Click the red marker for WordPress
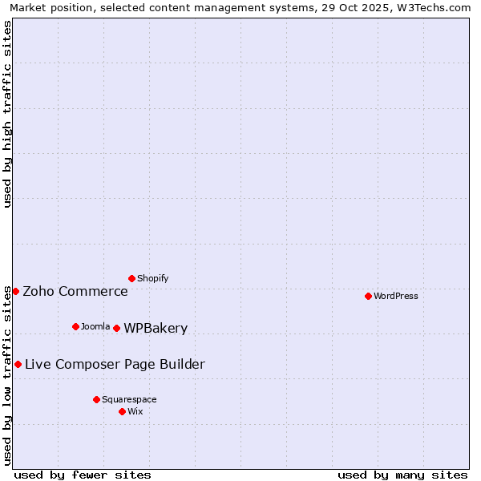point(368,296)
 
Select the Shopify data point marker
point(131,278)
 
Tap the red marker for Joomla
point(75,326)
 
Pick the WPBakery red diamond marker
point(116,328)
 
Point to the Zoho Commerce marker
point(15,291)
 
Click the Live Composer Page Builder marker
point(18,364)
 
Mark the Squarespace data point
point(96,399)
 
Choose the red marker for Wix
point(122,411)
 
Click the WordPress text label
point(396,296)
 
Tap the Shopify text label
point(153,278)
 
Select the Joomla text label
point(95,326)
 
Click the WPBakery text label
point(156,328)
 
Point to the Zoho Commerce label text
point(75,291)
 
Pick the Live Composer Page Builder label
point(115,364)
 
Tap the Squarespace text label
point(129,399)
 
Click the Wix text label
point(135,411)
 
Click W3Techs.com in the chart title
point(430,8)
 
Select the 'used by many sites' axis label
point(402,475)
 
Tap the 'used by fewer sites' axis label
point(83,475)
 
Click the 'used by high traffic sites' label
point(8,114)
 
